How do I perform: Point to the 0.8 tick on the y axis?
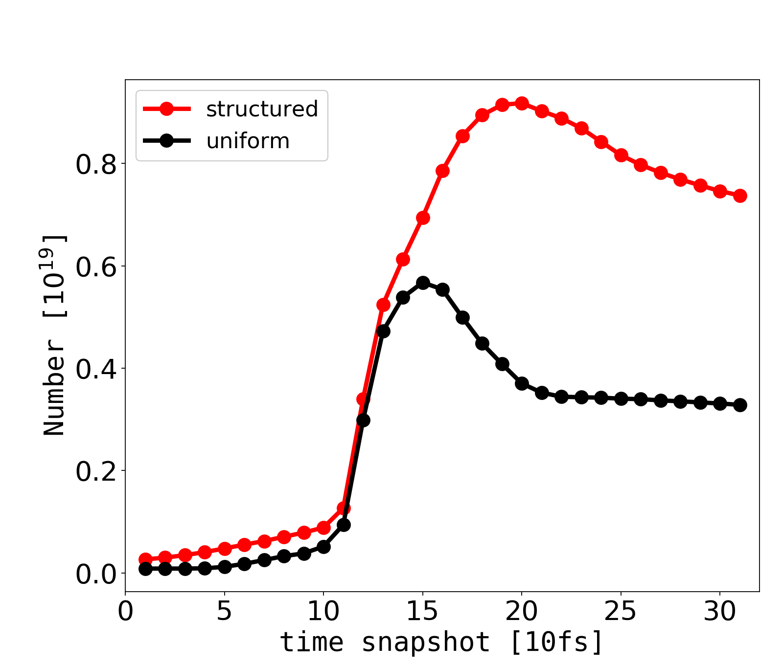tap(96, 164)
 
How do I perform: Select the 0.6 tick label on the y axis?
tap(96, 266)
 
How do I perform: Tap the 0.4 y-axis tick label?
tap(96, 369)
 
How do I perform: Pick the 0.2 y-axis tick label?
tap(96, 471)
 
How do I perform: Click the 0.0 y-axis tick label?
tap(96, 574)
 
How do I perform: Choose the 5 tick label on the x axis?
tap(224, 612)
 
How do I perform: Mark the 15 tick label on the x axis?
tap(422, 612)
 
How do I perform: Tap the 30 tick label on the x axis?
tap(720, 612)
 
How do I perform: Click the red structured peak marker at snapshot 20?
tap(522, 103)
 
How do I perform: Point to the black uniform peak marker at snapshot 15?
tap(423, 283)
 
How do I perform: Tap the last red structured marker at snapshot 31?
tap(740, 196)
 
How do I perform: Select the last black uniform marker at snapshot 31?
tap(740, 405)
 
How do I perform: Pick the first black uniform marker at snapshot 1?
tap(145, 569)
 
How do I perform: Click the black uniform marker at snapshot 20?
tap(522, 383)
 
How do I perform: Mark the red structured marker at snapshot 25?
tap(621, 155)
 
